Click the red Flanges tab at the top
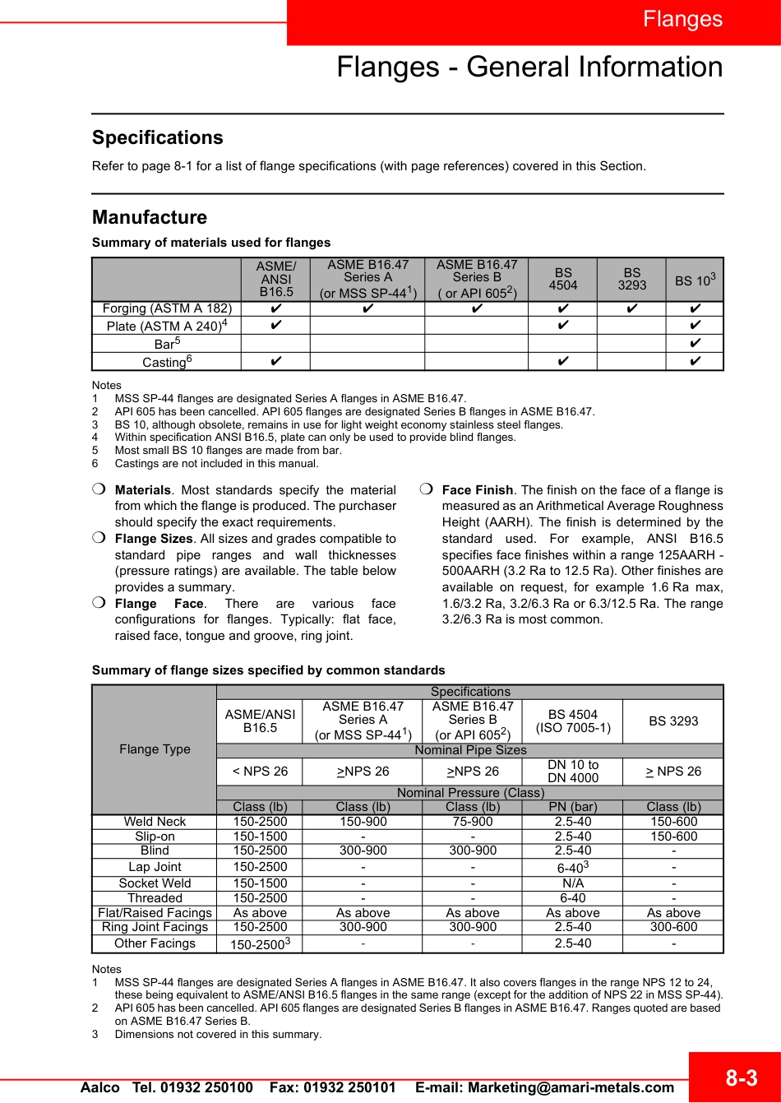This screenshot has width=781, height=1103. [682, 20]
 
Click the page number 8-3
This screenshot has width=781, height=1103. [741, 1078]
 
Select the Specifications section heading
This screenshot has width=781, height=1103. [158, 137]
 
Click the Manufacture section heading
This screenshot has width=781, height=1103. [150, 217]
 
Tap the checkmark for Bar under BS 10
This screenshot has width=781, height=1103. [696, 344]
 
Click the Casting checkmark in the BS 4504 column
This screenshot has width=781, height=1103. [562, 362]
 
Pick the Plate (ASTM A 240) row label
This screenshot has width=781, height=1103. [166, 326]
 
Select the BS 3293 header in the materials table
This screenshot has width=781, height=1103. [631, 279]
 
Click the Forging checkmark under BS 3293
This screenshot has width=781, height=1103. [631, 308]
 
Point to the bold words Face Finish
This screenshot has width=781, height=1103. [477, 490]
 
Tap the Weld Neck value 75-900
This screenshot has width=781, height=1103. [473, 822]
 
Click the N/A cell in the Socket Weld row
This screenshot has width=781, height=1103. [572, 883]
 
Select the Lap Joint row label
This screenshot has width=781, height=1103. [155, 867]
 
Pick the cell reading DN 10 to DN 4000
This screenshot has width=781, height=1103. [572, 772]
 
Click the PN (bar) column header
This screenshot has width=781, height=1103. [572, 807]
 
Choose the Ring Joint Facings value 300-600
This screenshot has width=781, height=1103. [673, 927]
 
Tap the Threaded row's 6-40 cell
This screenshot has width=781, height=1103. [572, 898]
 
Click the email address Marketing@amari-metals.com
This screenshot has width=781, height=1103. [571, 1087]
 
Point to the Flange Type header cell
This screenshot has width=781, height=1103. [155, 749]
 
